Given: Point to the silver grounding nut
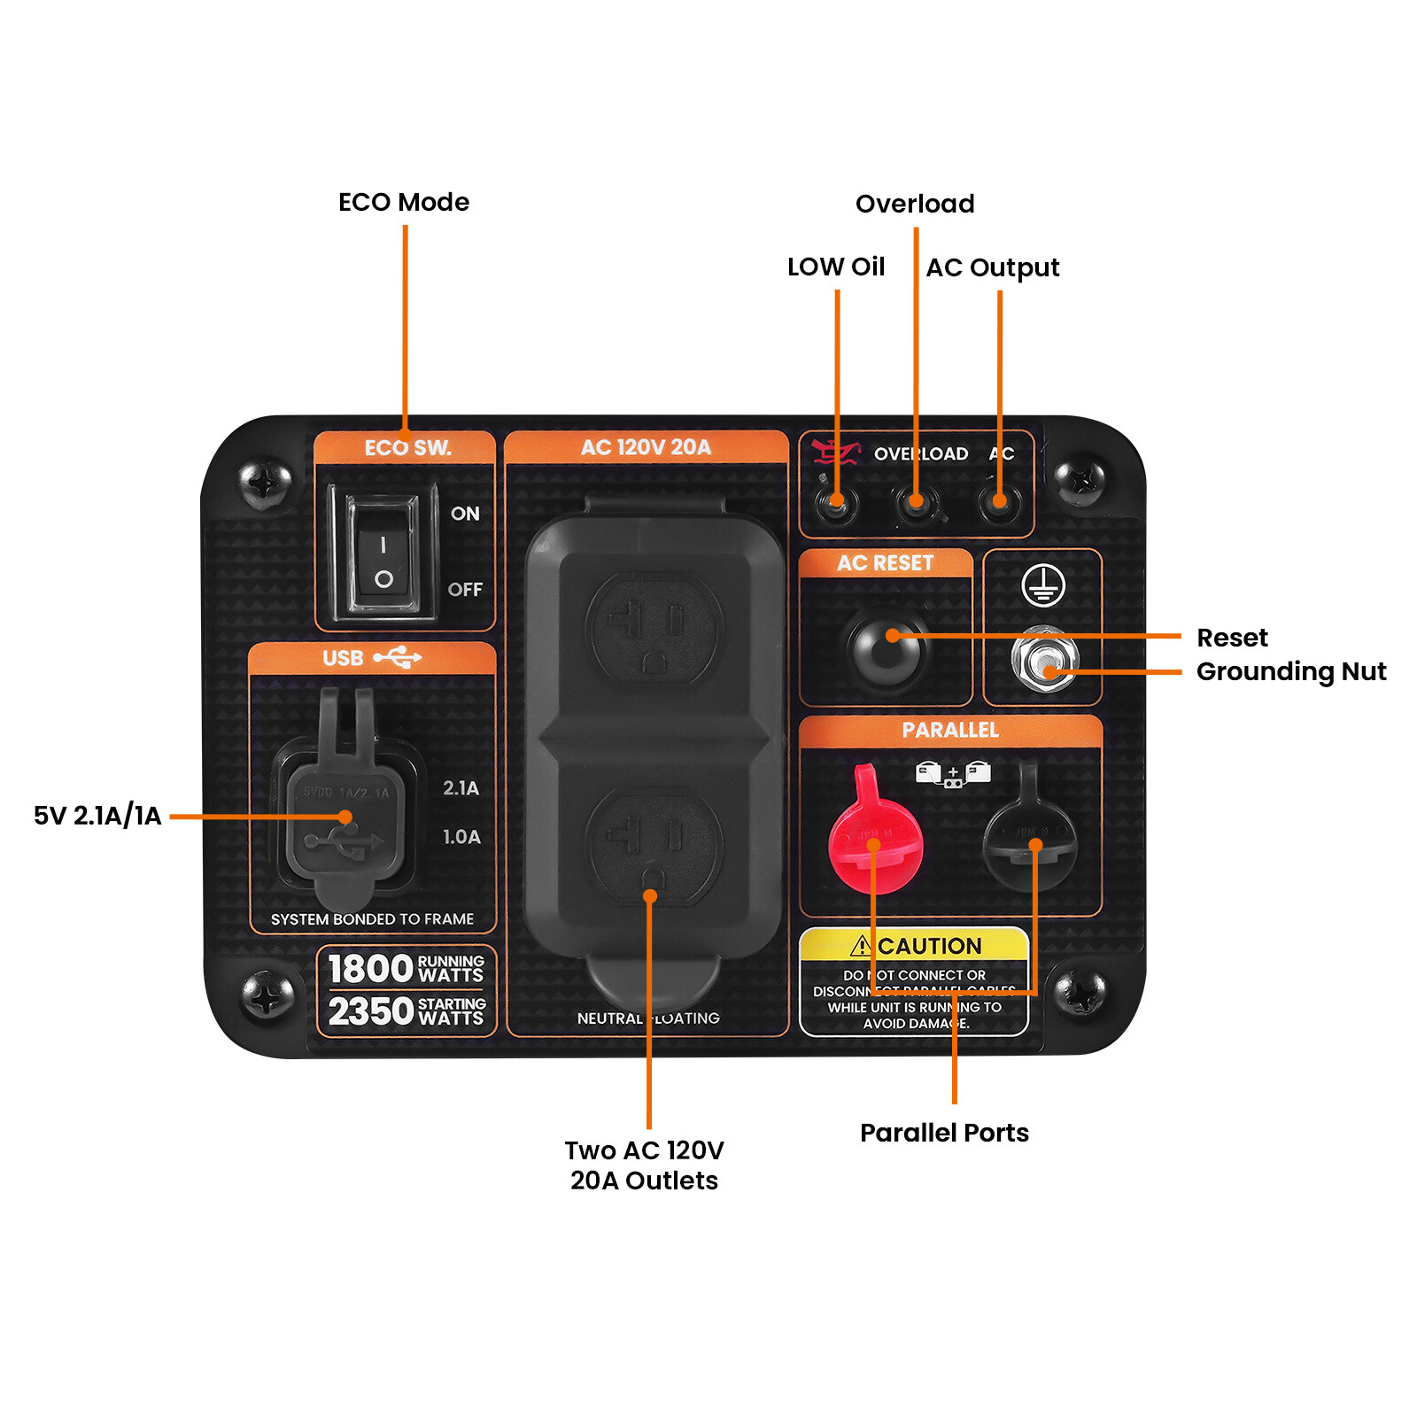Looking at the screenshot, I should [1044, 660].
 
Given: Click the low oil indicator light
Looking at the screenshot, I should [836, 504].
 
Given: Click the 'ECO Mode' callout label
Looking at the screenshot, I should [404, 203].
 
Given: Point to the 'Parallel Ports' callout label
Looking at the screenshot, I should [944, 1133].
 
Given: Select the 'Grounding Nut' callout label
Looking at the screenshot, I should [1290, 672].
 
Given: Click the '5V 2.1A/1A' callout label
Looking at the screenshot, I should [97, 816].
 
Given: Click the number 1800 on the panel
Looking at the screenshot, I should [370, 969].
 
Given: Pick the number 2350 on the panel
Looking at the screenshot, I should [370, 1011].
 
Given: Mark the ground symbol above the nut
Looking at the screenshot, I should [1043, 585].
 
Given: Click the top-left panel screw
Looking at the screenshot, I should [264, 483].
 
